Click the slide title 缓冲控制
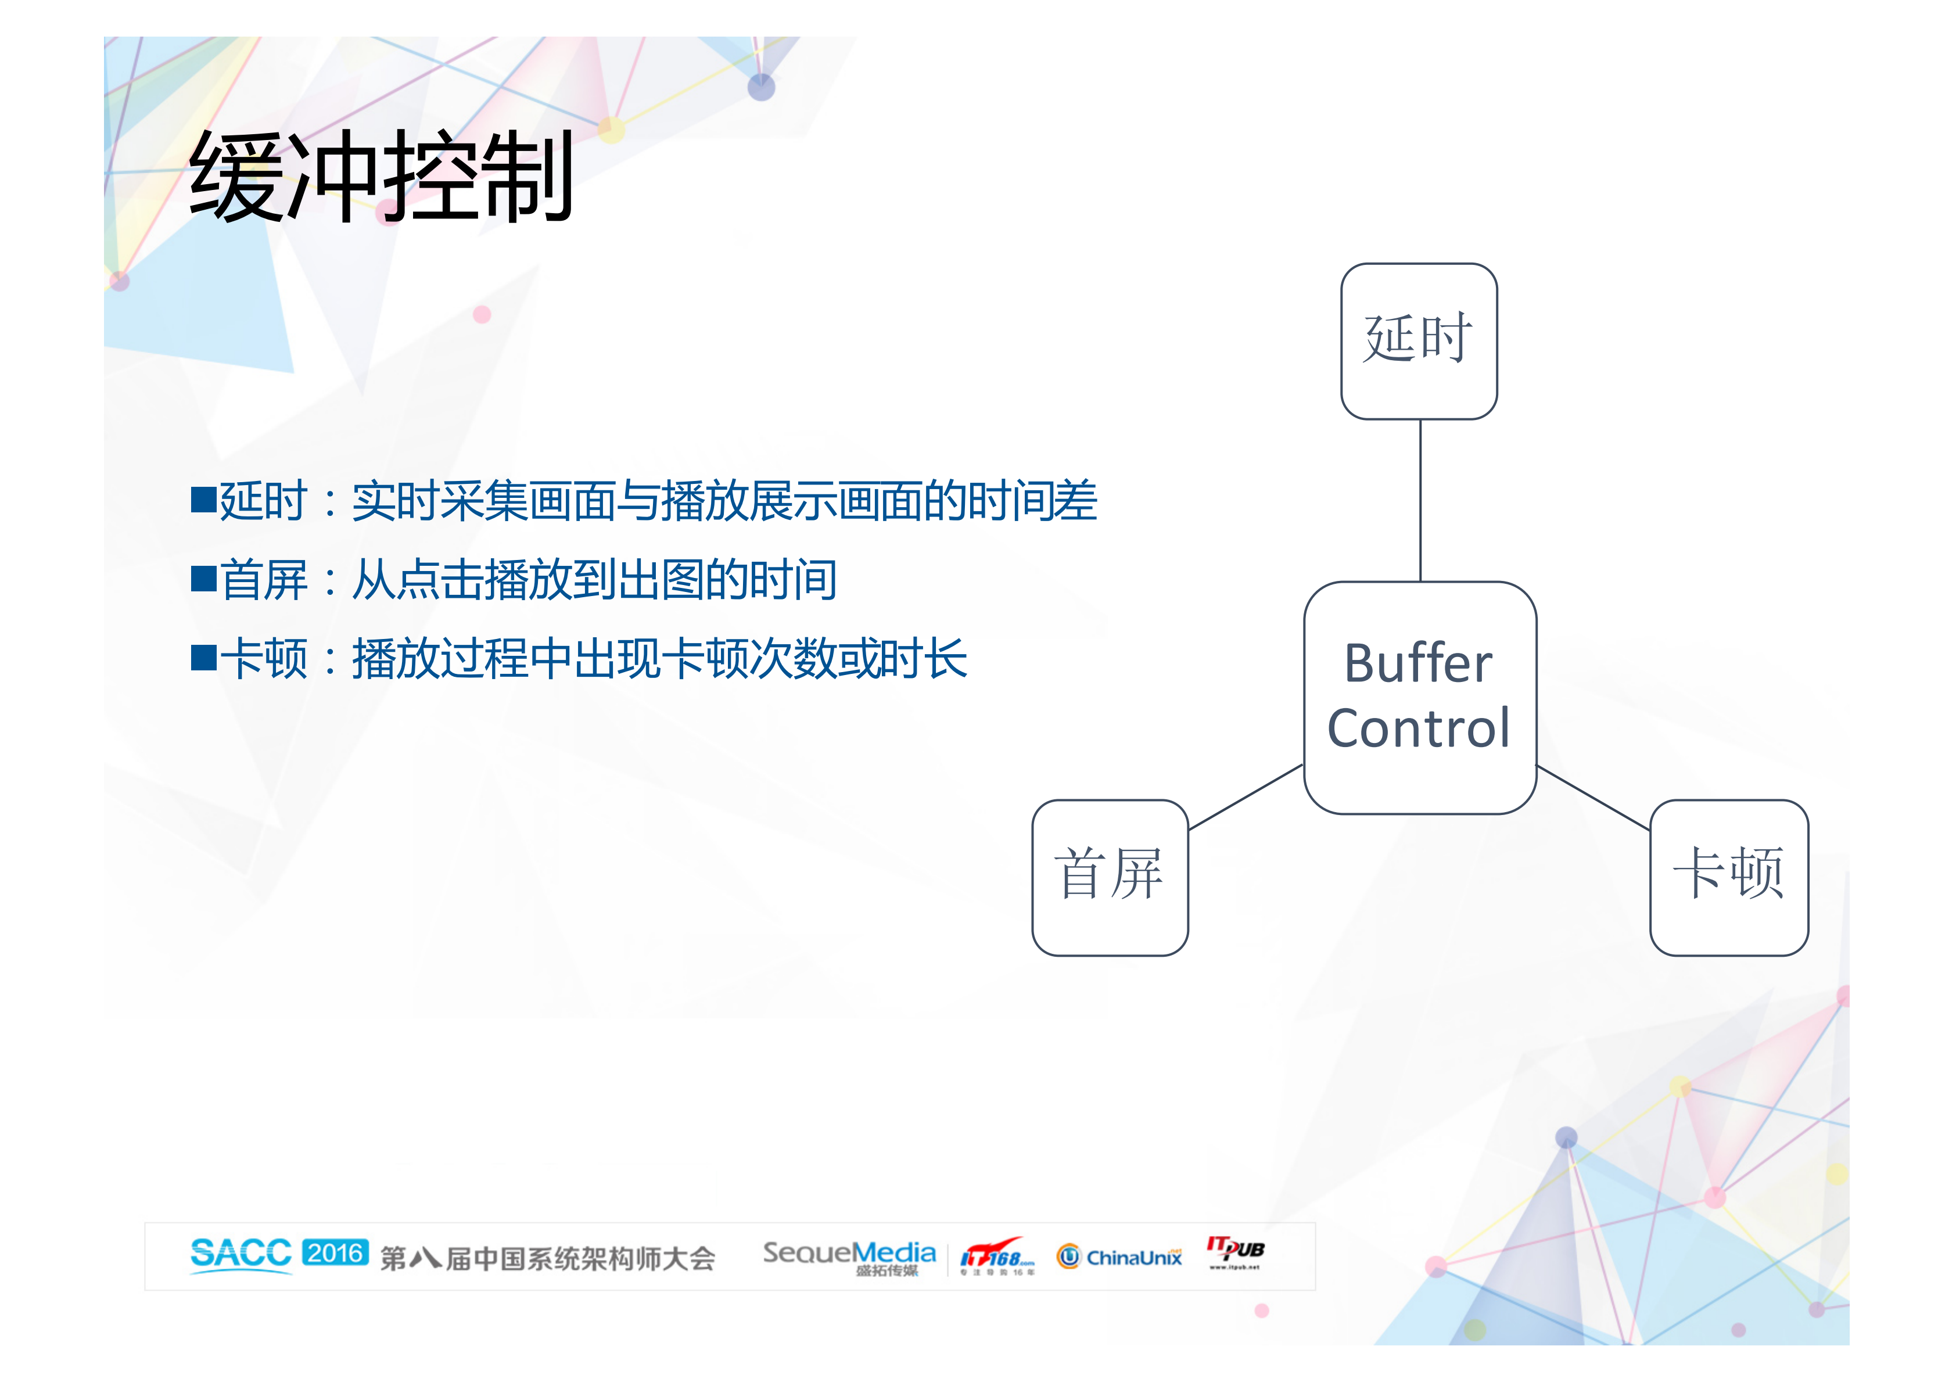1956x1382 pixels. [381, 177]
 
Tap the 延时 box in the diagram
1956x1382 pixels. [1419, 341]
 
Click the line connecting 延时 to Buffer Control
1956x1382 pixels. [1420, 500]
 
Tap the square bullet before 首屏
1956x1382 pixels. [203, 579]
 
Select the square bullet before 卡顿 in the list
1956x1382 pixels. [203, 658]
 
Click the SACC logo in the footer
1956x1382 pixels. [241, 1255]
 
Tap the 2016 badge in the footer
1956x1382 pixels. [336, 1252]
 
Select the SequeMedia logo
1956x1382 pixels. [849, 1256]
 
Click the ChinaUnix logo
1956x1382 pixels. [1118, 1257]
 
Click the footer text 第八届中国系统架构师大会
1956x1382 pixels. [547, 1258]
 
